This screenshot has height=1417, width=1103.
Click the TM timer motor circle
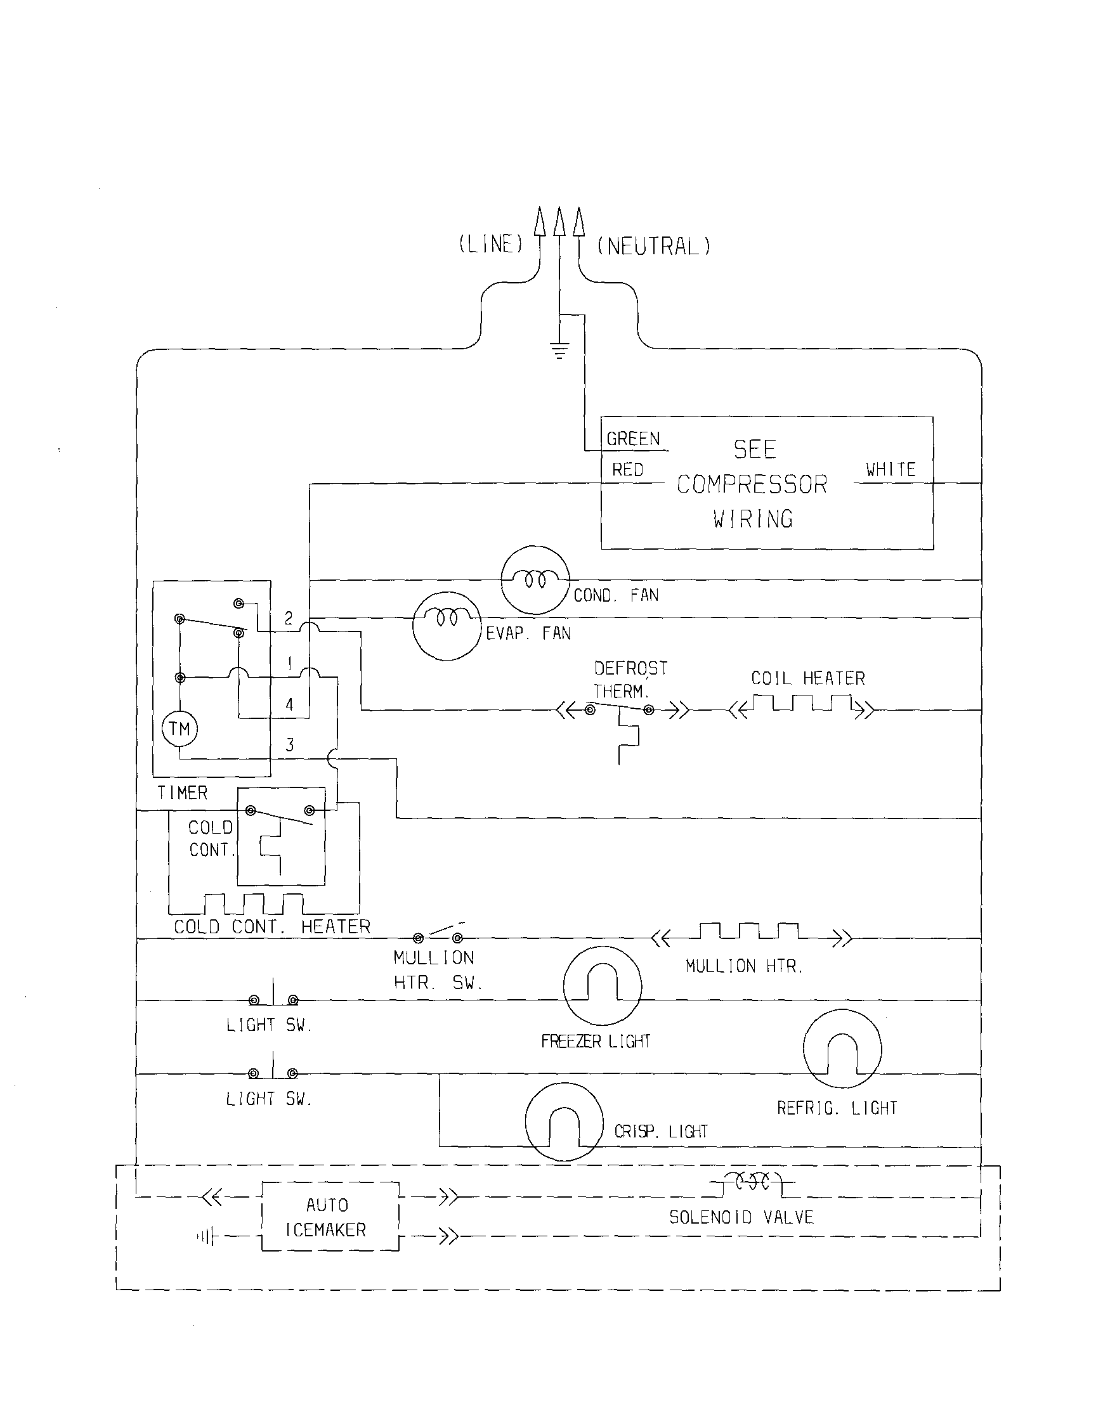tap(179, 728)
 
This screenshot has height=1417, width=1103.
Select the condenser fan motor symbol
tap(535, 579)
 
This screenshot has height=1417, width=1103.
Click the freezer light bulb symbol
tap(603, 985)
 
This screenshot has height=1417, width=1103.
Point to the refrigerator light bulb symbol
tap(842, 1049)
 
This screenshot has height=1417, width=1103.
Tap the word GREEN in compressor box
tap(633, 439)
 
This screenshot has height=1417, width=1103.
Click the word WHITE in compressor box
tap(891, 470)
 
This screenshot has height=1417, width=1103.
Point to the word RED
tap(627, 470)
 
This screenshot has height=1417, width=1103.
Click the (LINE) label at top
tap(491, 245)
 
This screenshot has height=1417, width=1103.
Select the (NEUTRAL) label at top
tap(654, 247)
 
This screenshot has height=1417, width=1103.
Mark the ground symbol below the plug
tap(559, 351)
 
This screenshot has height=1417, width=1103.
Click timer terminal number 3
tap(290, 745)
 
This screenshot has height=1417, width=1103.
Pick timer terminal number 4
tap(290, 704)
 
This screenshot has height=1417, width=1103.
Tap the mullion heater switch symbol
tap(438, 935)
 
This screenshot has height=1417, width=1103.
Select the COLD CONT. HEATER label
tap(272, 926)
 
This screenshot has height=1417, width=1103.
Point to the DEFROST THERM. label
tap(630, 679)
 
